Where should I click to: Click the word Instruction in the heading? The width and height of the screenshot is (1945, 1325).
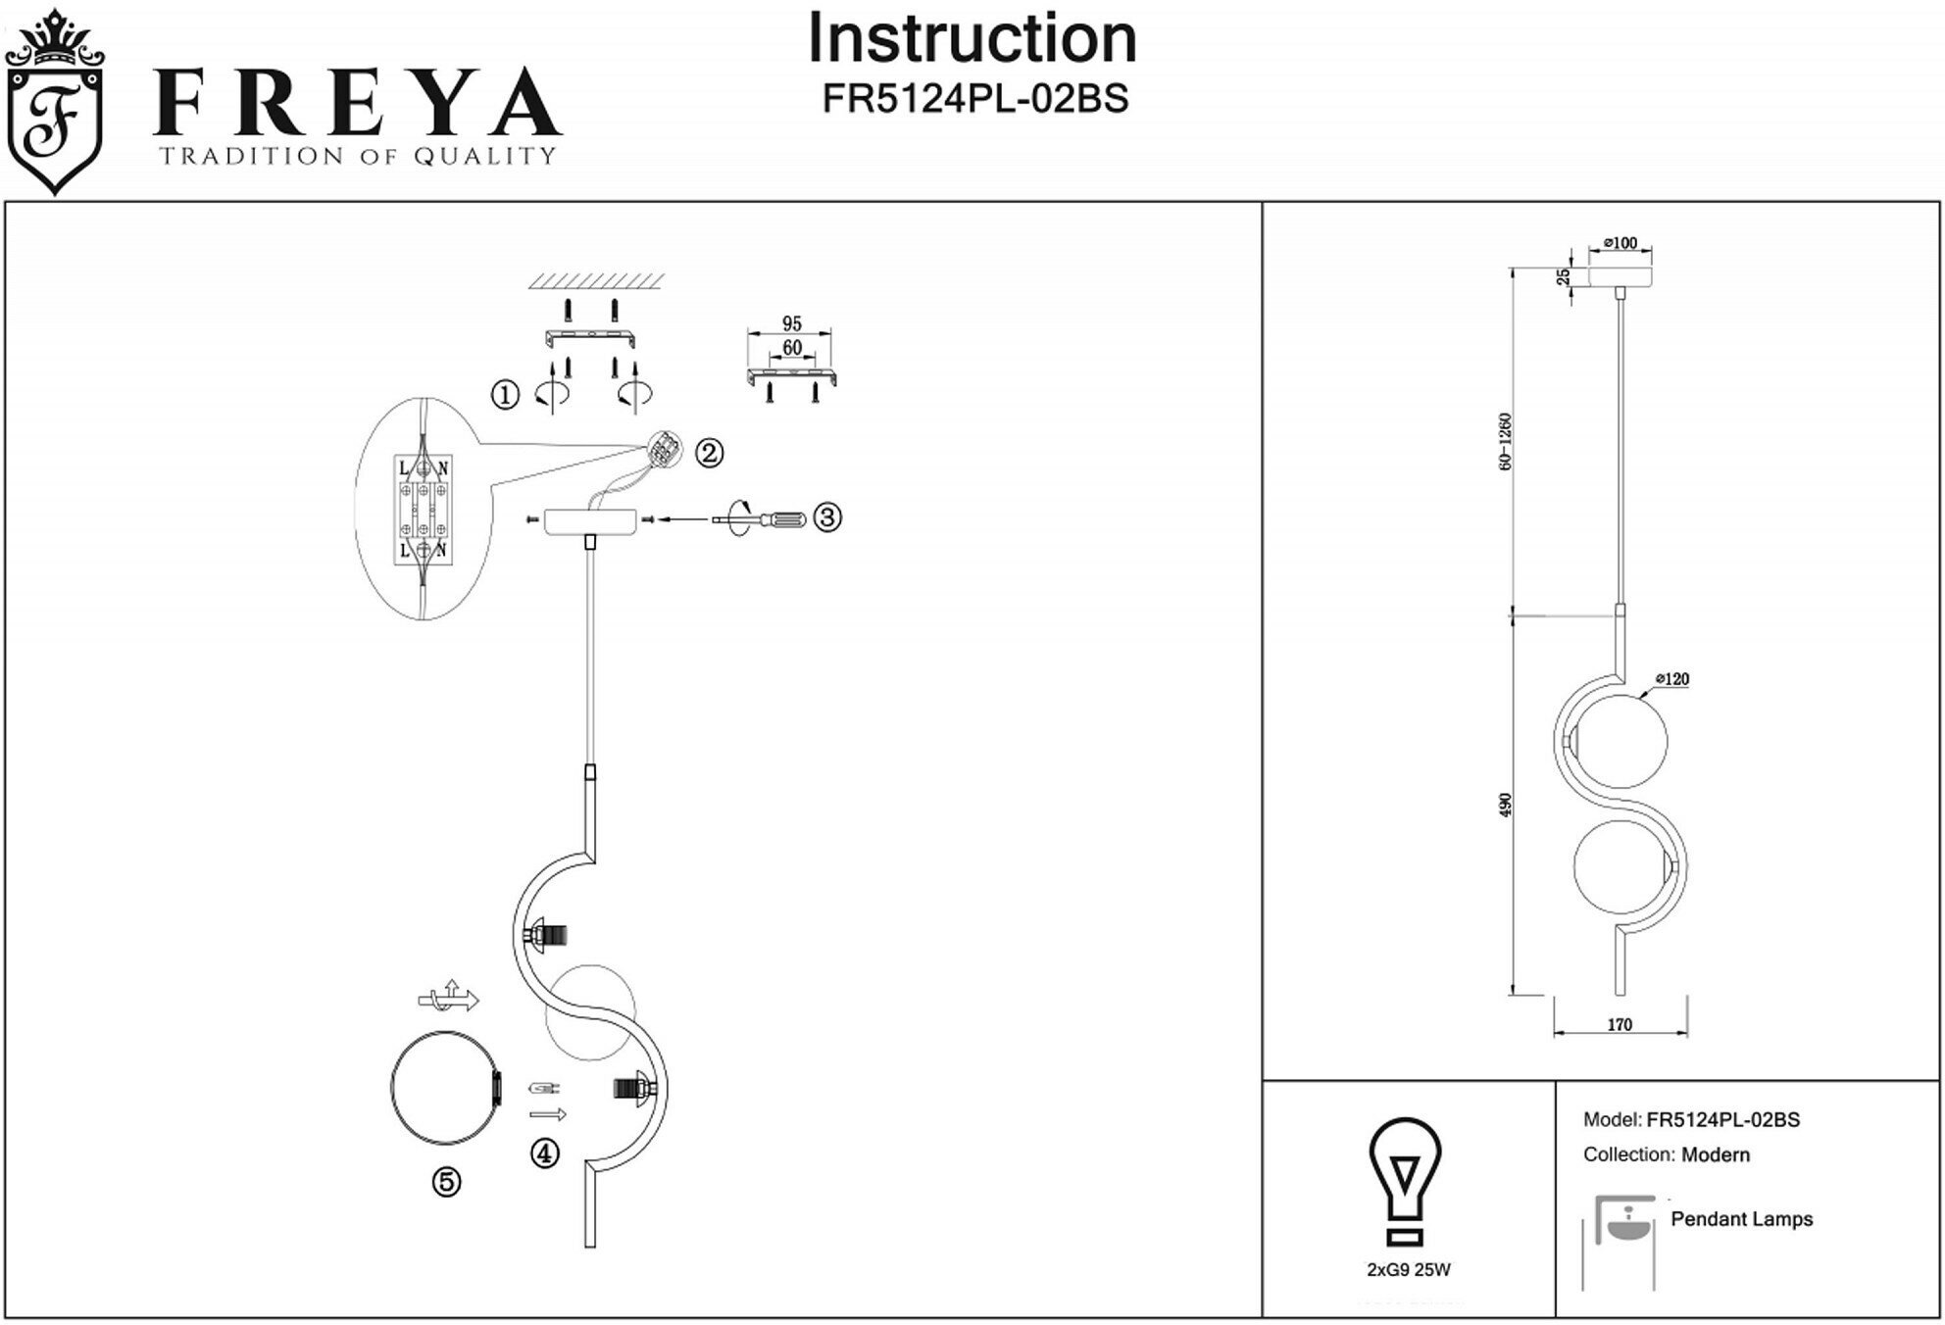tap(972, 39)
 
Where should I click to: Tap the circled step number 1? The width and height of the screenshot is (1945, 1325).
tap(505, 396)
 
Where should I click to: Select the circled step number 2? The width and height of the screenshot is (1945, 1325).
tap(709, 453)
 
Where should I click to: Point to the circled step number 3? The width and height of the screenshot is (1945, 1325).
tap(827, 517)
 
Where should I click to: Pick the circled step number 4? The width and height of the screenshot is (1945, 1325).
tap(545, 1153)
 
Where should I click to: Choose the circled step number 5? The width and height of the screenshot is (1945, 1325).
tap(447, 1183)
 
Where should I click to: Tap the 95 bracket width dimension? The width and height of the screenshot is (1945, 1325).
tap(792, 323)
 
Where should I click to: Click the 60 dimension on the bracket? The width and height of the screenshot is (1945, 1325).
tap(792, 348)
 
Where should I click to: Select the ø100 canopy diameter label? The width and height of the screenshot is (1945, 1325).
tap(1620, 243)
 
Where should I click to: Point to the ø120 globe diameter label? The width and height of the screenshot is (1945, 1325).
tap(1672, 679)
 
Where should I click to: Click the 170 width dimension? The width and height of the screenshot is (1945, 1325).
tap(1620, 1025)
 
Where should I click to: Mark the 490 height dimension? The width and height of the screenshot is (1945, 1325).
tap(1506, 805)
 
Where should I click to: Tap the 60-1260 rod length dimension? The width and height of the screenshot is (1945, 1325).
tap(1506, 441)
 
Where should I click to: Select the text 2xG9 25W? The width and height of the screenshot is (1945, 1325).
tap(1409, 1270)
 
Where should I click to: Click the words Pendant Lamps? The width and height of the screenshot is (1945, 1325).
tap(1741, 1219)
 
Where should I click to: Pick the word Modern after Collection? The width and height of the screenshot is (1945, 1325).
tap(1715, 1154)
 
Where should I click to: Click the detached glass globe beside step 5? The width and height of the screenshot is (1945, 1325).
tap(446, 1089)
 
